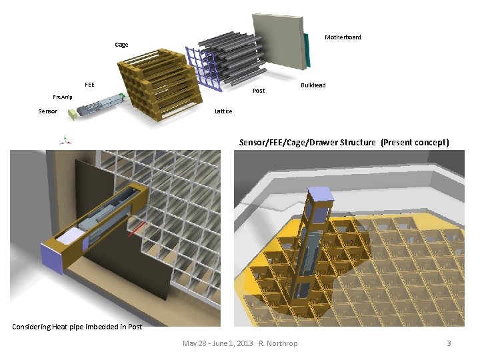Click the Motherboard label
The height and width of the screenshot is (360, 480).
pos(343,37)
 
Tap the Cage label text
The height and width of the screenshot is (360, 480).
pos(121,45)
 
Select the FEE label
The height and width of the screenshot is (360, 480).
pos(89,85)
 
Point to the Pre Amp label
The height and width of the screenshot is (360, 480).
pos(63,97)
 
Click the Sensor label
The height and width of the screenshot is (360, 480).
pos(47,111)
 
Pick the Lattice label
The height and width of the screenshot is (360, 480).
pos(223,111)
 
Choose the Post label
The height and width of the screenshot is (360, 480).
pos(259,91)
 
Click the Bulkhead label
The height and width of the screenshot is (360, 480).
pos(313,85)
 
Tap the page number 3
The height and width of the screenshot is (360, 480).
pos(449,343)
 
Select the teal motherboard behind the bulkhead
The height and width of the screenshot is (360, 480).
pos(307,50)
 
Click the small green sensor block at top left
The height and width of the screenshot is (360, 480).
pos(71,115)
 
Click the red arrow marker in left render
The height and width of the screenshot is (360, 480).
pos(137,231)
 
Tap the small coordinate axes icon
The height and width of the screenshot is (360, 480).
pos(65,140)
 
